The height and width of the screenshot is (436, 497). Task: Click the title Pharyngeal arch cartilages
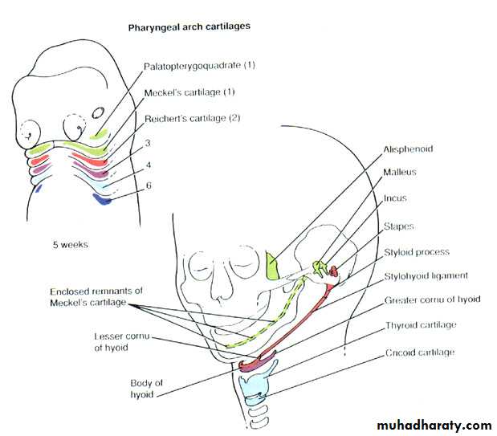(189, 26)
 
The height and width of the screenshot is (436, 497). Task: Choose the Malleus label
(400, 172)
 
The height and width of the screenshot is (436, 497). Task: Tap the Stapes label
(399, 226)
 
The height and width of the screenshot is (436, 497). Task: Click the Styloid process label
(416, 252)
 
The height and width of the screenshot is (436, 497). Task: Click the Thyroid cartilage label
(420, 325)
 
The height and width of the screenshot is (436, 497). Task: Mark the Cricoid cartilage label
(419, 352)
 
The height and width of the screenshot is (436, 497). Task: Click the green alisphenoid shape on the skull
(274, 266)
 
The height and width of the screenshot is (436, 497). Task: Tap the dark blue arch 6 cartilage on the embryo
(101, 198)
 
